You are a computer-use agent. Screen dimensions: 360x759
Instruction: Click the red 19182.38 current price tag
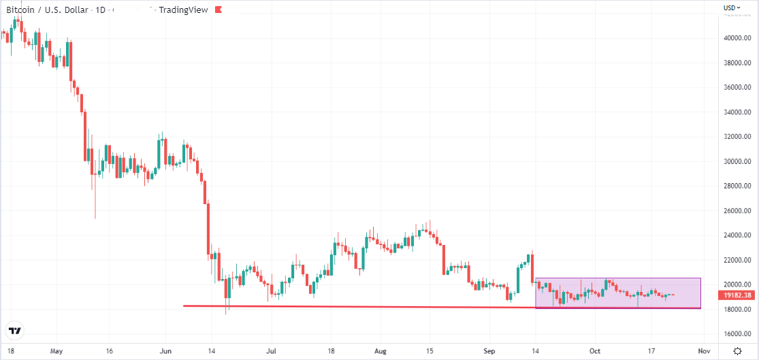738,296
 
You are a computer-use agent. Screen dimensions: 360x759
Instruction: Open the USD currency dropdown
732,7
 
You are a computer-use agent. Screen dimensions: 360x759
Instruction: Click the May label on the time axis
56,351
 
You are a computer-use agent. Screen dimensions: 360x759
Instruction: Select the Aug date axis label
381,351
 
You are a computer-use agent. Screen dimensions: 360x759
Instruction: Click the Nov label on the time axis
704,351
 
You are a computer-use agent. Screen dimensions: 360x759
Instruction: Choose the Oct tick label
595,351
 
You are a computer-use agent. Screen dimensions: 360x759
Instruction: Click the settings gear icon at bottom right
738,351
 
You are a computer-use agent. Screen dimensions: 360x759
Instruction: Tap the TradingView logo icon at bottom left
14,331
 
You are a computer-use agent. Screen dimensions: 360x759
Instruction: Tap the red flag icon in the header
217,10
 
